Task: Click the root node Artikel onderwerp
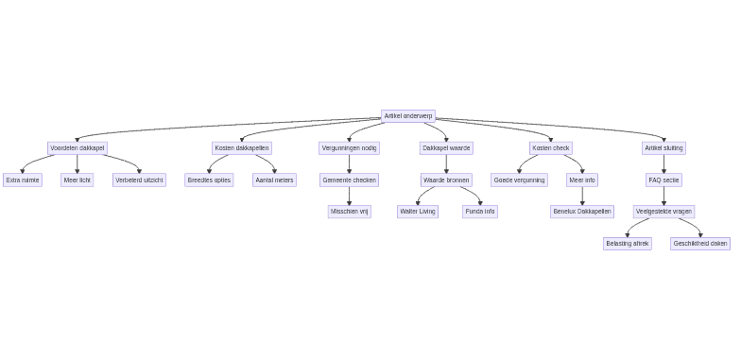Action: tap(407, 116)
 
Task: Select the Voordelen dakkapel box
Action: tap(78, 148)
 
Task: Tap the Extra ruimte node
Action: tap(23, 180)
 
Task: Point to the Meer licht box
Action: tap(78, 180)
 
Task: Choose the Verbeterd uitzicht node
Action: tap(139, 180)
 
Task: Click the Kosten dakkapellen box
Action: tap(242, 148)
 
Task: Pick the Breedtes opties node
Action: tap(209, 180)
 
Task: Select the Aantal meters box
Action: tap(274, 180)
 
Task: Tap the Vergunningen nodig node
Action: tap(349, 148)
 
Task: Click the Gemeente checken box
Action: tap(349, 180)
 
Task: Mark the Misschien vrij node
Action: tap(349, 212)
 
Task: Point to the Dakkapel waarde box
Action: tap(446, 148)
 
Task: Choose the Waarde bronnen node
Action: tap(446, 180)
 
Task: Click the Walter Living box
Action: tap(417, 212)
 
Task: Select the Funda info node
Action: tap(480, 212)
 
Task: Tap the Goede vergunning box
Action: tap(519, 180)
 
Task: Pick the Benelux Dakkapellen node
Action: tap(582, 212)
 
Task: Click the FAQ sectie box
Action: tap(663, 180)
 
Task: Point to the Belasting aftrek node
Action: tap(628, 244)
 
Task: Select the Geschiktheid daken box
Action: tap(700, 244)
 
